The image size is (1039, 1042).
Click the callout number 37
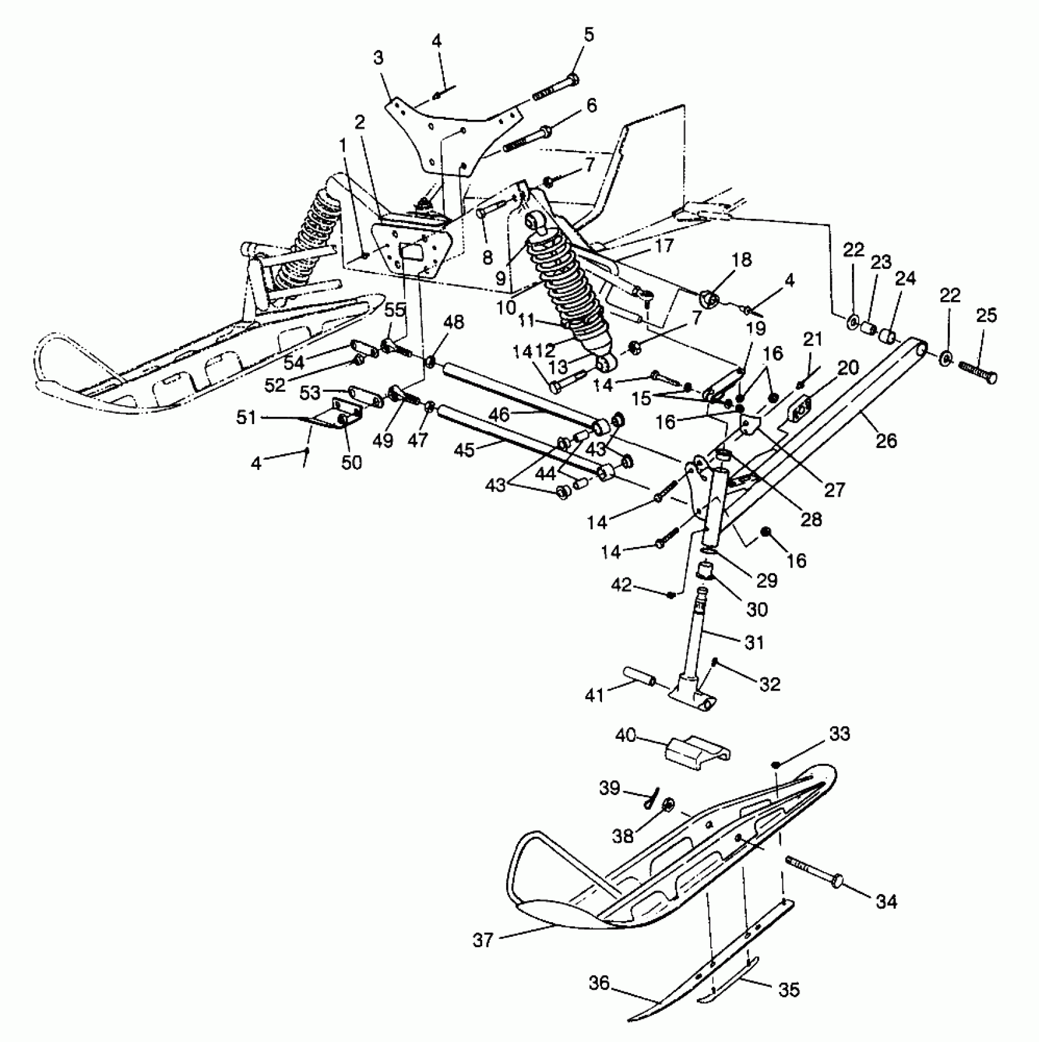coord(483,940)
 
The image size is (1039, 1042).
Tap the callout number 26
coord(886,440)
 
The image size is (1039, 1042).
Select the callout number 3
coord(379,59)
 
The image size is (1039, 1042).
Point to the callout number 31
coord(754,642)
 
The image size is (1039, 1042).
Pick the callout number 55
coord(395,310)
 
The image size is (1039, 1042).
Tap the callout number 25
coord(986,316)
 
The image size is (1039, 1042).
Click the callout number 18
coord(741,259)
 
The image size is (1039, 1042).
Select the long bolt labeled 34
coord(813,870)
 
